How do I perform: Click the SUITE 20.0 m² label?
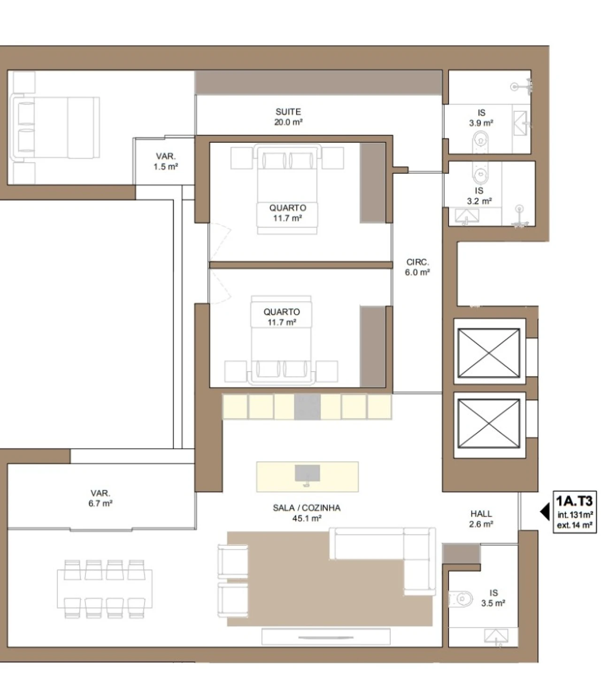tap(288, 117)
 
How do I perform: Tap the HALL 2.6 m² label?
tap(481, 519)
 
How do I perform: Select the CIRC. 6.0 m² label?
tap(417, 267)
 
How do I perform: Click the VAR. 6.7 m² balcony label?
tap(100, 498)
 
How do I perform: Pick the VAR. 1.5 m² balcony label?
tap(166, 161)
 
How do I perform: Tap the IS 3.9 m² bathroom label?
tap(481, 118)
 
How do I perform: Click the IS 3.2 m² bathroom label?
tap(479, 196)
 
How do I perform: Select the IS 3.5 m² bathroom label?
tap(493, 598)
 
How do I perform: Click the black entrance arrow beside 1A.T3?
tap(545, 512)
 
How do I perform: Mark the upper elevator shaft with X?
tap(488, 353)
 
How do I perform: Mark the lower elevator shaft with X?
tap(488, 423)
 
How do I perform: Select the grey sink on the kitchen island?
tap(307, 473)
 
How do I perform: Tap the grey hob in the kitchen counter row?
tap(307, 406)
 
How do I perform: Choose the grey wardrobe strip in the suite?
tap(318, 83)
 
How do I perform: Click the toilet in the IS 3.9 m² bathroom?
tap(480, 142)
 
